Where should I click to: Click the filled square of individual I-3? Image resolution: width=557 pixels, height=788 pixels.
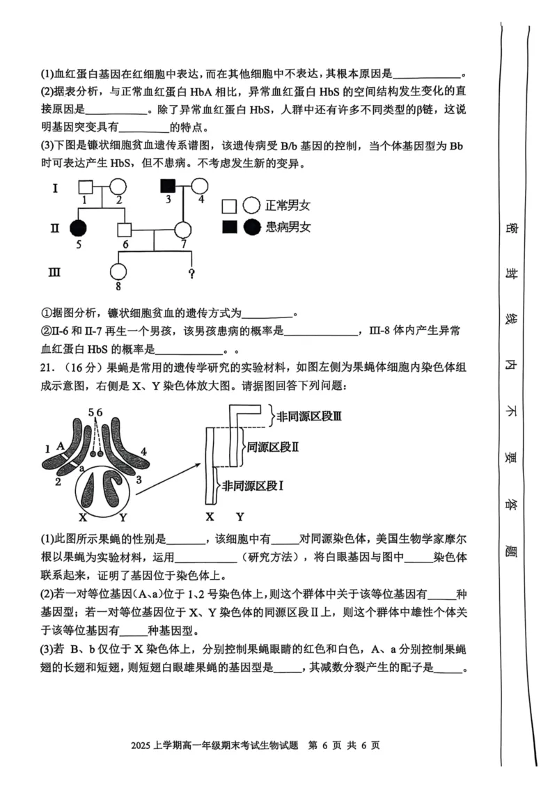click(x=168, y=186)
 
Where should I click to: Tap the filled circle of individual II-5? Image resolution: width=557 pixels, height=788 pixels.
click(x=78, y=228)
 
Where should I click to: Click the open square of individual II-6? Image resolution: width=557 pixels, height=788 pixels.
click(x=125, y=228)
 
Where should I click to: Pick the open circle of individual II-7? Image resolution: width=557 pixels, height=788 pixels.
click(x=183, y=228)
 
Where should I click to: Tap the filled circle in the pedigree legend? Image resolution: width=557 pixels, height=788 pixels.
click(x=252, y=226)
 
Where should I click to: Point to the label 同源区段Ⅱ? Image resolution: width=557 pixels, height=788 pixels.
click(x=273, y=447)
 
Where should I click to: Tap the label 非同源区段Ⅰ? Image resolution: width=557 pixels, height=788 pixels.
click(x=252, y=486)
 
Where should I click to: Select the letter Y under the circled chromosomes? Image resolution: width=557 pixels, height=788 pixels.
click(x=123, y=517)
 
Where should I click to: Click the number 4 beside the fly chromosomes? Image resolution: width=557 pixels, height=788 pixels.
click(x=144, y=452)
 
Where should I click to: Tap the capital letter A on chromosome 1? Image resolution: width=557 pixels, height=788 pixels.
click(x=61, y=446)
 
